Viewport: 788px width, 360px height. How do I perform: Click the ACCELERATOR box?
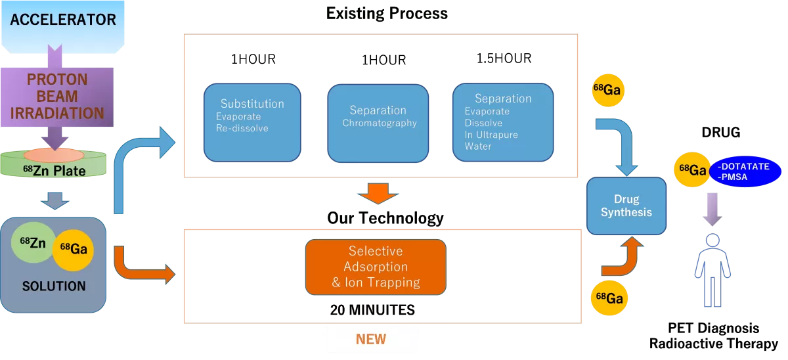tap(63, 20)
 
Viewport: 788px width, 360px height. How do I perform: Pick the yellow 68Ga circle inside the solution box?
tap(73, 250)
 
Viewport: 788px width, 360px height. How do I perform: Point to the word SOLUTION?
tap(54, 286)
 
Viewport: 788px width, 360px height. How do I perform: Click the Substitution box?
tap(252, 122)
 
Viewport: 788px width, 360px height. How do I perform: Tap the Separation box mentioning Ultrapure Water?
tap(502, 122)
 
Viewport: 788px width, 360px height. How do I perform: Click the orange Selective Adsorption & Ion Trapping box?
tap(375, 267)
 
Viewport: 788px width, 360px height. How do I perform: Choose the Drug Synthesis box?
tap(626, 206)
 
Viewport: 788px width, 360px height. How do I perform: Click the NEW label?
tap(370, 340)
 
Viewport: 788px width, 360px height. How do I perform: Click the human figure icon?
tap(712, 269)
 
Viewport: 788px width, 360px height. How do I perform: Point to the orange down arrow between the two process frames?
tap(378, 194)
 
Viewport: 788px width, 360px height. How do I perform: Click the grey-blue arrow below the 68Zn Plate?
tap(55, 200)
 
